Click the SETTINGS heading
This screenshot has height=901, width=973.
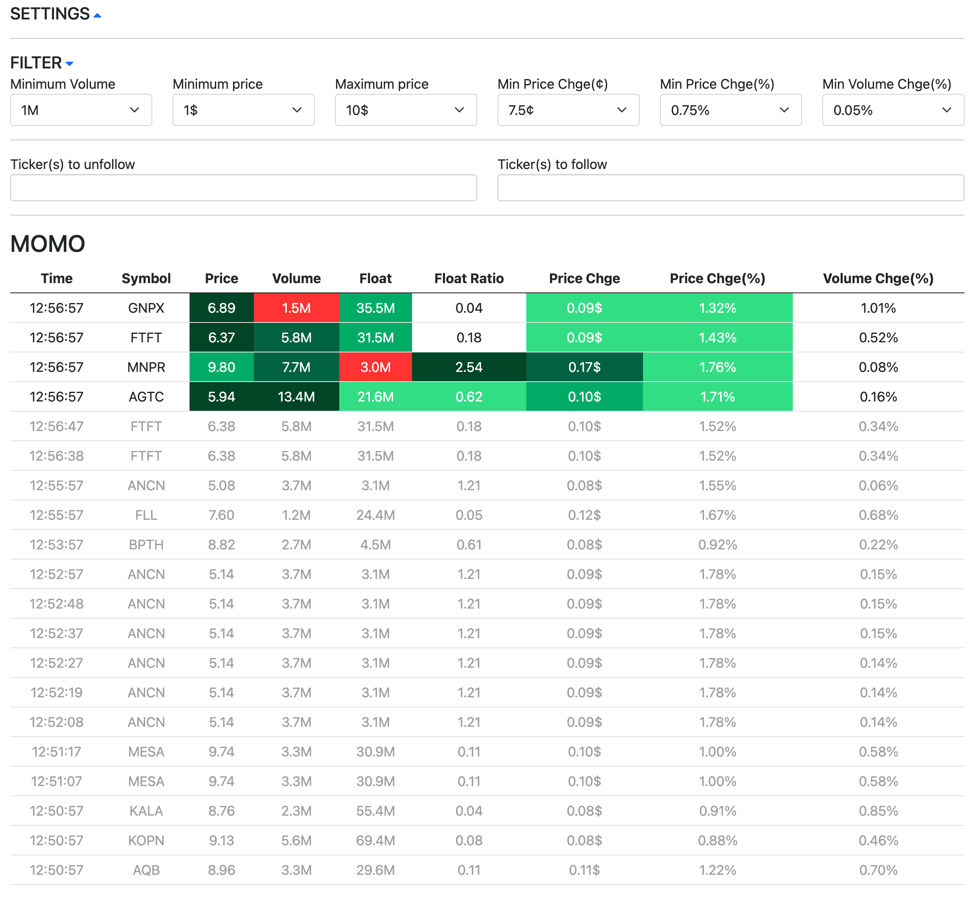tap(50, 14)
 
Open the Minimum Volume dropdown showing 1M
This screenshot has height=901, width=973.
tap(81, 110)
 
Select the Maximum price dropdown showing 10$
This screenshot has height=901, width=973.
tap(406, 110)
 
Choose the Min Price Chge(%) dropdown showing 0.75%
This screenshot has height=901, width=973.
tap(730, 110)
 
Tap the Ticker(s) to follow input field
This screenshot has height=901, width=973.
tap(730, 188)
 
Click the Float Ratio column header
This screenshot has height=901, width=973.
tap(468, 278)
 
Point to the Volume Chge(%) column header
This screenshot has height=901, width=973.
tap(878, 278)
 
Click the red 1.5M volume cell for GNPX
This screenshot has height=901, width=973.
tap(296, 308)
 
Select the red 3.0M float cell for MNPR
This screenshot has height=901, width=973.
tap(375, 367)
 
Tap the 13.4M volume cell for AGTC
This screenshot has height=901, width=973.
tap(296, 397)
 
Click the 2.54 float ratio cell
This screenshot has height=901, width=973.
tap(468, 367)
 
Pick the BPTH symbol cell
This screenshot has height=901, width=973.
tap(146, 545)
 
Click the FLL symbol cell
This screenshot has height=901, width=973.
tap(146, 515)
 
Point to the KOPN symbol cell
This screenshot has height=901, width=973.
tap(146, 841)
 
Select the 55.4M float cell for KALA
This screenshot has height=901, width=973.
tap(375, 811)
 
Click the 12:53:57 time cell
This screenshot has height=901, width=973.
tap(57, 545)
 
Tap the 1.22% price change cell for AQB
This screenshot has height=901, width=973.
tap(717, 870)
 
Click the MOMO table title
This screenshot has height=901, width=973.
tap(48, 244)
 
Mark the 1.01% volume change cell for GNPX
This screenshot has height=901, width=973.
tap(878, 308)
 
